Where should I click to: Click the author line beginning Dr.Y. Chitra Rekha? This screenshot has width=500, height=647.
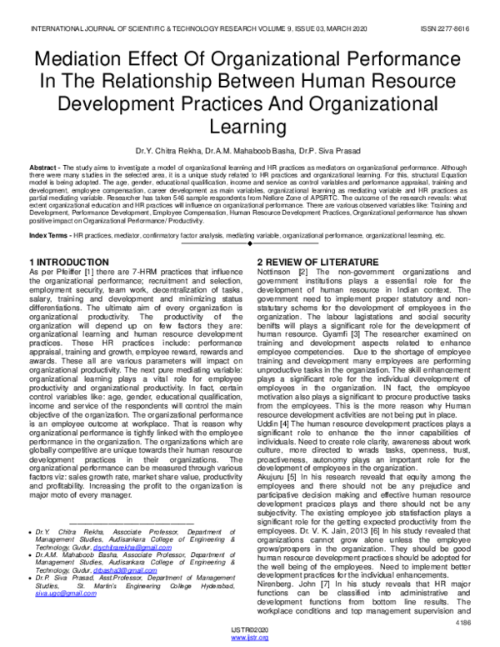pos(249,151)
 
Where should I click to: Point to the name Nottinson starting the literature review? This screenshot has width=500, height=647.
pos(277,248)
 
